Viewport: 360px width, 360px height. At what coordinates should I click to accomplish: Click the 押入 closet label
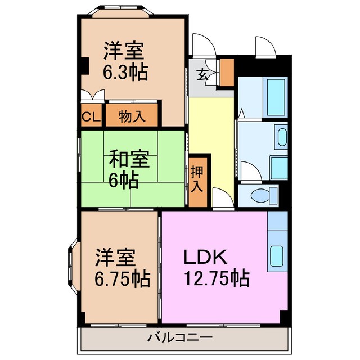tap(197, 179)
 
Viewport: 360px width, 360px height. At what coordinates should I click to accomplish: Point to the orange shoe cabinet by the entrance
tap(227, 71)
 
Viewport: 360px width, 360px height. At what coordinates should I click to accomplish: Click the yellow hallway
tap(211, 141)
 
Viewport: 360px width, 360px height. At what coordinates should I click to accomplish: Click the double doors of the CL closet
tap(91, 96)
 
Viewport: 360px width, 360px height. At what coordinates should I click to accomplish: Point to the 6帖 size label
tap(124, 181)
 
